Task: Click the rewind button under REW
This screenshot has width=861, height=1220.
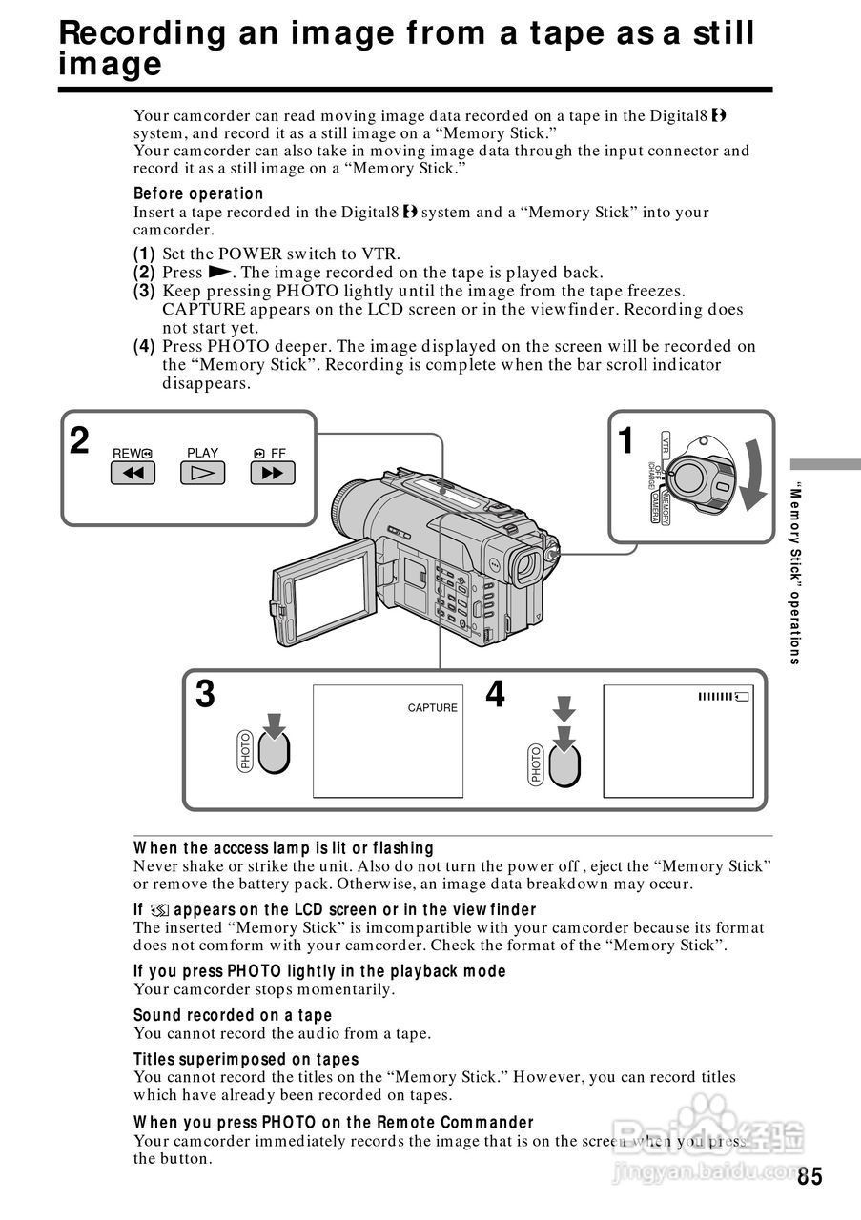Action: click(133, 473)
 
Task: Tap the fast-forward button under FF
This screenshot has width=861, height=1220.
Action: click(273, 473)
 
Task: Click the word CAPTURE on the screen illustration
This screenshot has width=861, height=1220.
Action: click(432, 708)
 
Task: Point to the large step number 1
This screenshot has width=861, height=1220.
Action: click(625, 441)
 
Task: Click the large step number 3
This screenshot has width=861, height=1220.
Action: click(205, 695)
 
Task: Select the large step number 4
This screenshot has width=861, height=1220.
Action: click(495, 695)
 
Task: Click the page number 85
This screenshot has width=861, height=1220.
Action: click(810, 1176)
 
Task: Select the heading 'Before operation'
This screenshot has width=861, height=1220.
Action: click(198, 193)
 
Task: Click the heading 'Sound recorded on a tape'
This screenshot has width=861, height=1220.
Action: click(233, 1015)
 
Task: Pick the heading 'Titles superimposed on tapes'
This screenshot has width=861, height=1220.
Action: click(246, 1059)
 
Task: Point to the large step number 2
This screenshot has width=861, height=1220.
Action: click(80, 441)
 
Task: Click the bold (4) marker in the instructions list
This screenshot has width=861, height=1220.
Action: click(144, 346)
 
